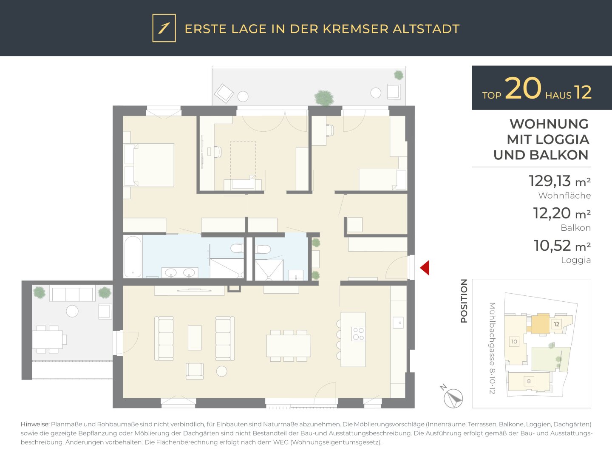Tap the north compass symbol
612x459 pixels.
pos(453,398)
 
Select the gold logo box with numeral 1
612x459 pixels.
pos(164,28)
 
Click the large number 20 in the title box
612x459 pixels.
pos(523,88)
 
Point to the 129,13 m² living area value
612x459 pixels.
pos(560,181)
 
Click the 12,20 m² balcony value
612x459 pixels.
pos(562,213)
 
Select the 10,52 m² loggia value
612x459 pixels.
pos(562,246)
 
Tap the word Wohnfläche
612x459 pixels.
pos(564,195)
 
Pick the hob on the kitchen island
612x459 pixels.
pos(358,334)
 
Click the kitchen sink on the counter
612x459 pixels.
pos(398,323)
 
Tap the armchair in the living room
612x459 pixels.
pos(195,371)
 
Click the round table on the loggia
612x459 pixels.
pos(72,311)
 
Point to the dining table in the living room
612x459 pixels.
pos(289,346)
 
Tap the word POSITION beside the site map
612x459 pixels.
pos(464,301)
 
